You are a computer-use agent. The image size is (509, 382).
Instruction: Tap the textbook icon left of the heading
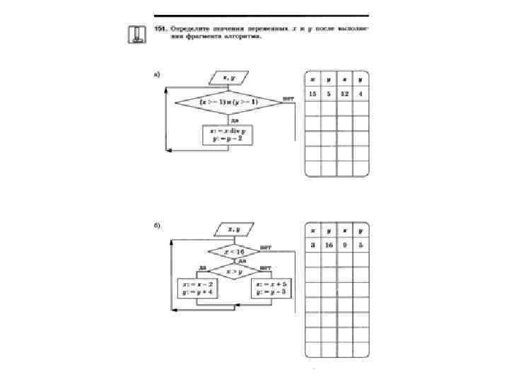[x=136, y=34]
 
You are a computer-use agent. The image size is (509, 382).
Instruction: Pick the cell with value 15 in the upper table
[x=312, y=93]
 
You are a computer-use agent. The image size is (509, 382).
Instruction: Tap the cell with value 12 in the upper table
[x=344, y=93]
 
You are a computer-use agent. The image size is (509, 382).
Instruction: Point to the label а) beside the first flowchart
[x=157, y=73]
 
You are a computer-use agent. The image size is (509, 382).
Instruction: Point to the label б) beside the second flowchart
[x=157, y=226]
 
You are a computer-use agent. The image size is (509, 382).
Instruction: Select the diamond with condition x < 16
[x=233, y=252]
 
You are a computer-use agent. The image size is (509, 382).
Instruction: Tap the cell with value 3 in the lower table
[x=312, y=246]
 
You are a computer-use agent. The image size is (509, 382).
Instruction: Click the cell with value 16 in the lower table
[x=329, y=246]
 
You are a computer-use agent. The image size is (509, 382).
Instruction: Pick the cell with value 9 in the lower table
[x=344, y=246]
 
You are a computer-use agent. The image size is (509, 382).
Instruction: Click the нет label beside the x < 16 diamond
[x=266, y=248]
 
